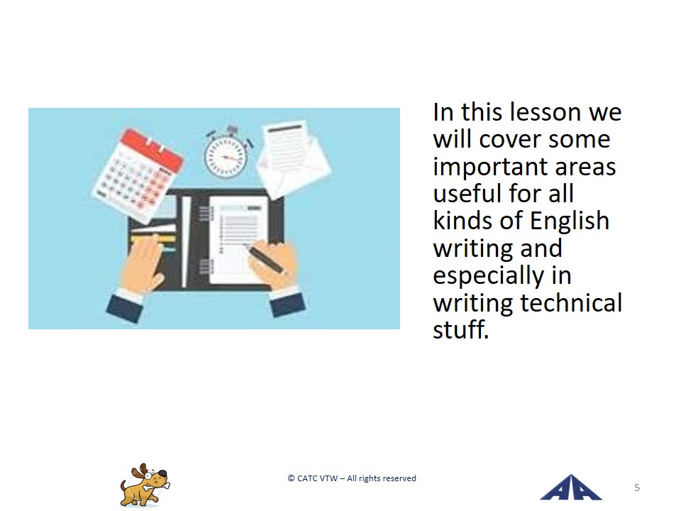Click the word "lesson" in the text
[546, 112]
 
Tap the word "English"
[570, 222]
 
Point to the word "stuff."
[461, 330]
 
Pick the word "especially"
[488, 276]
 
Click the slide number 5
[637, 488]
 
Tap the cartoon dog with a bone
[145, 485]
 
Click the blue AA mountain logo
[570, 487]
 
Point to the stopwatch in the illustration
[226, 153]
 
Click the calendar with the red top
[138, 175]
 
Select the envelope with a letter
[293, 158]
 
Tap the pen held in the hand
[265, 258]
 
